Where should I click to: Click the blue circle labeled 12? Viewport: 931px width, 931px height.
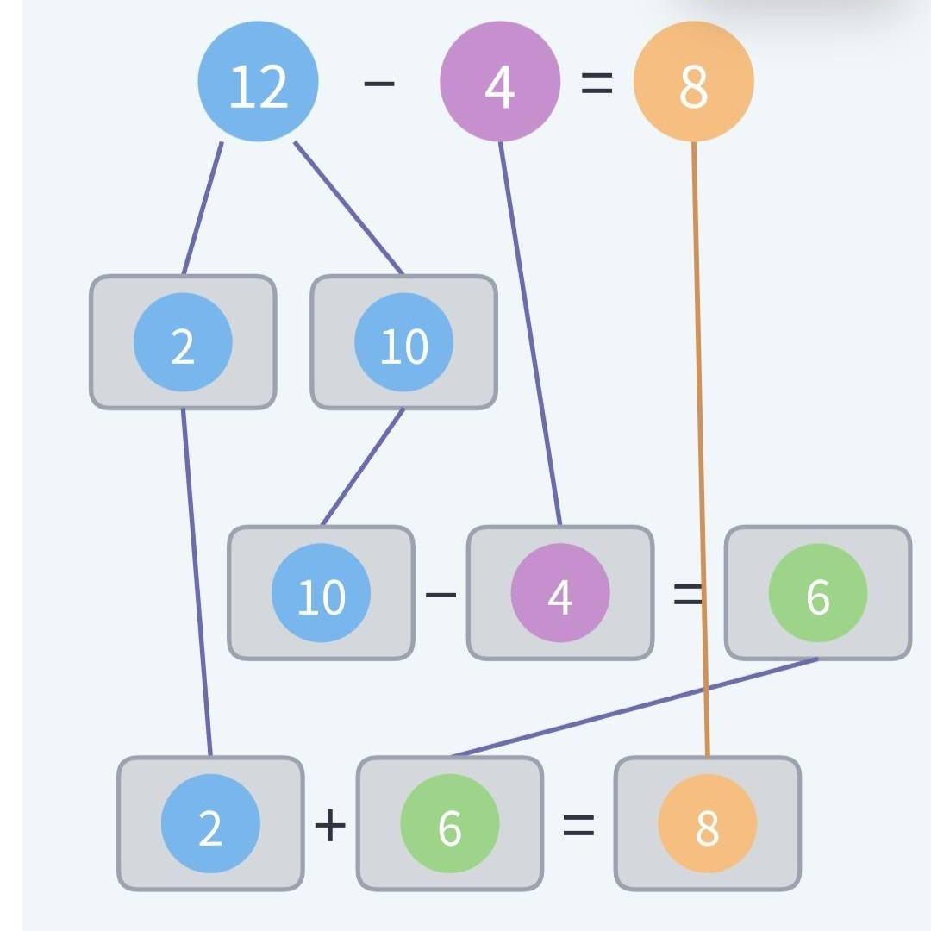(x=258, y=82)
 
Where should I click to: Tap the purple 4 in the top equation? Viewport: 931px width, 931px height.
(x=499, y=82)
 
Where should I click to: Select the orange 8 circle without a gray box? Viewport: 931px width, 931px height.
(x=693, y=82)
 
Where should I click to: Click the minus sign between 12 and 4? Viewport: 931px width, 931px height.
(x=378, y=84)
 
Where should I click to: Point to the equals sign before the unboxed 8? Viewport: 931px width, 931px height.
(x=597, y=84)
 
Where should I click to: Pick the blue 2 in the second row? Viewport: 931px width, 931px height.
(x=183, y=342)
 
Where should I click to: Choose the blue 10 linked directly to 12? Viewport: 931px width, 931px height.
(x=403, y=342)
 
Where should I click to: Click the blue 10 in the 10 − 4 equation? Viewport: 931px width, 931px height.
(x=321, y=593)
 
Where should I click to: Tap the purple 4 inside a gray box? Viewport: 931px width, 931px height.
(x=560, y=593)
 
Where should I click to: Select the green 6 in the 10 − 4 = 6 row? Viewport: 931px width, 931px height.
(x=817, y=593)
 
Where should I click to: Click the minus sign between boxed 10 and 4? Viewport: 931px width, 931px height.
(x=441, y=595)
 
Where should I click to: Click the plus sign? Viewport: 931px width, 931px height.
(x=330, y=826)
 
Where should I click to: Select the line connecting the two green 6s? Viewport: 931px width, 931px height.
(x=634, y=708)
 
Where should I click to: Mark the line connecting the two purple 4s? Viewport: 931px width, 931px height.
(x=530, y=332)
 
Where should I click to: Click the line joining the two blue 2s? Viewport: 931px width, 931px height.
(x=197, y=582)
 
